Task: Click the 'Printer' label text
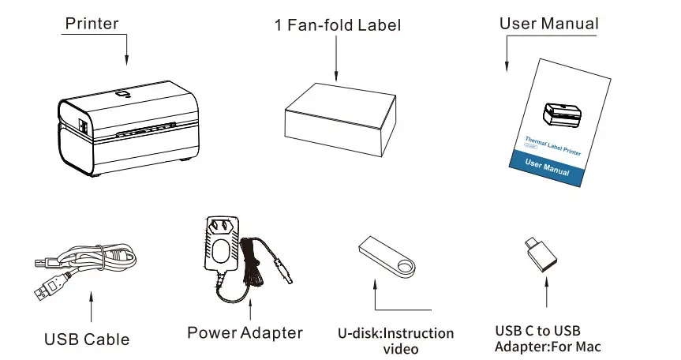(92, 23)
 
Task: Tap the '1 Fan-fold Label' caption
(338, 25)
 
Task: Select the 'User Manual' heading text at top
(548, 23)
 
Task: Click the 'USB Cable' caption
(87, 339)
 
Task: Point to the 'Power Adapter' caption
(245, 332)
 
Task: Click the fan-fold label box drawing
(337, 118)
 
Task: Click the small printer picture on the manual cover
(562, 115)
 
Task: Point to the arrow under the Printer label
(126, 51)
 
